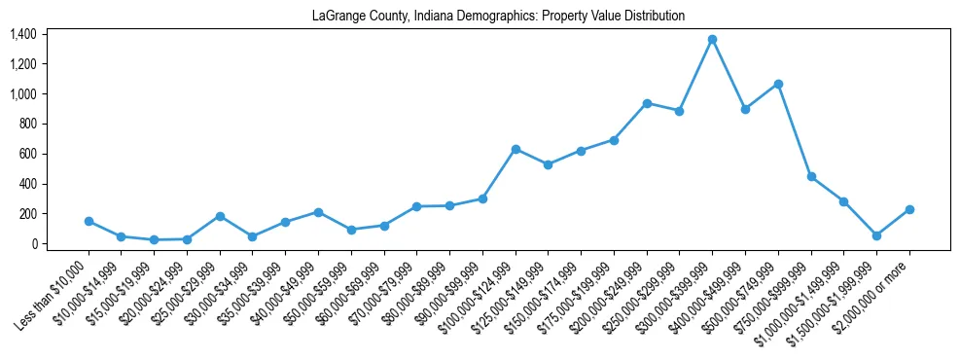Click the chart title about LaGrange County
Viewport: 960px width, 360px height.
click(498, 17)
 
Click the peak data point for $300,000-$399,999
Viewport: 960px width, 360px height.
click(712, 39)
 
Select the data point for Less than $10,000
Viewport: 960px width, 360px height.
click(89, 221)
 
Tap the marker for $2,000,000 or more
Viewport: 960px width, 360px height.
click(909, 209)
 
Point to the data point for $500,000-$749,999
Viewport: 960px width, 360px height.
click(778, 84)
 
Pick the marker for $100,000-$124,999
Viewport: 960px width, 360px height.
click(516, 149)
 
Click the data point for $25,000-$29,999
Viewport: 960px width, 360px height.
click(220, 216)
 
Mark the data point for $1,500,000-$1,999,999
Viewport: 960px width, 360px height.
click(876, 235)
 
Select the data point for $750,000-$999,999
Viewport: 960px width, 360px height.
click(811, 177)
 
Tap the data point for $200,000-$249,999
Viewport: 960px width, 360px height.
click(647, 103)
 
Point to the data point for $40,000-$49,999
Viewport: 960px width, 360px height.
click(318, 212)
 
